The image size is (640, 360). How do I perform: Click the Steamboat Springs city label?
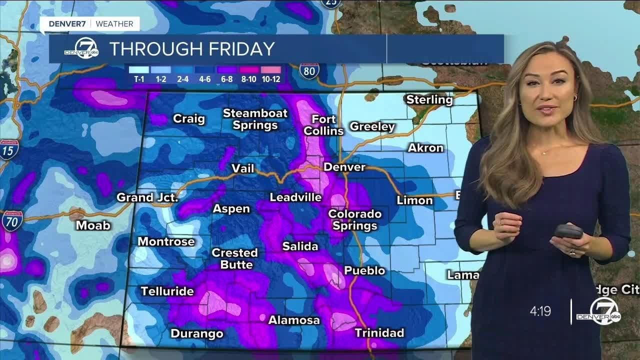point(255,119)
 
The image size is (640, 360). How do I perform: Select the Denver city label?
point(344,167)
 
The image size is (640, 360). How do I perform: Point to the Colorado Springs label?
point(354,220)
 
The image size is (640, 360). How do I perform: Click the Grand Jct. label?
point(147,197)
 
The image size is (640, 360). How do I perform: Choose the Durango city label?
point(196,333)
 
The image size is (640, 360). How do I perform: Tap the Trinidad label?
point(379,332)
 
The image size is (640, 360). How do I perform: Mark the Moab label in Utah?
point(93,225)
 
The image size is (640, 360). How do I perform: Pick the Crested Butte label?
point(234,258)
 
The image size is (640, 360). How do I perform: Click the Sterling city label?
point(429,99)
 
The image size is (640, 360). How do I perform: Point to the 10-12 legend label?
point(270,79)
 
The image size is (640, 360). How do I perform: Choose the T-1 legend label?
point(138,79)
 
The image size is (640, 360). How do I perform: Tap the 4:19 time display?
point(540,311)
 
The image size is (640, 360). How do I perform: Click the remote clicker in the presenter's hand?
point(568,231)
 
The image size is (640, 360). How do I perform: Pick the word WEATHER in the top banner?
point(114,23)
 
